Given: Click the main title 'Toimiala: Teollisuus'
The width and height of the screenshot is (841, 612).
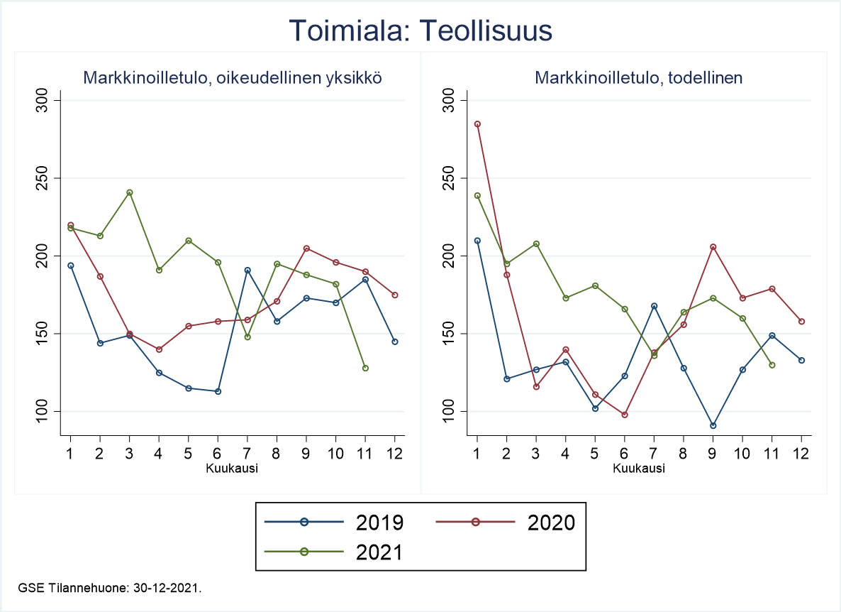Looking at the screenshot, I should (x=420, y=31).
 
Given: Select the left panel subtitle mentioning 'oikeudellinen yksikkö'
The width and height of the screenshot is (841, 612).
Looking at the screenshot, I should (x=233, y=78).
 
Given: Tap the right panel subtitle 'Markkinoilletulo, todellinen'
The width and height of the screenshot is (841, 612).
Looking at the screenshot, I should (x=639, y=78).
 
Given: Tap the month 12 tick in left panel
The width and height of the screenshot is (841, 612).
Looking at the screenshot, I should (x=395, y=453).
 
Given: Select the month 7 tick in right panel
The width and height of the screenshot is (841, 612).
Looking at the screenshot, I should (x=654, y=453).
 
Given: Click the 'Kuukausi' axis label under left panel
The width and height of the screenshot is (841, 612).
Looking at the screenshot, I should (x=232, y=469).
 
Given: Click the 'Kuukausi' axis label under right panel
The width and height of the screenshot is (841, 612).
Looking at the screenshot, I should (x=639, y=469).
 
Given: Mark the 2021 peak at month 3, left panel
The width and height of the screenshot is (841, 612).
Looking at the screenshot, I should (x=130, y=192).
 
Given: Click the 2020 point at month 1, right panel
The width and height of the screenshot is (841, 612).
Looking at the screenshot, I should (x=477, y=124).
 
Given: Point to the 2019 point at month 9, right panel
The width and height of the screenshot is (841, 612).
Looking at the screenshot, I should (x=713, y=425).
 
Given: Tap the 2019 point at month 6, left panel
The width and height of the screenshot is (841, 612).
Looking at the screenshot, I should (x=218, y=391).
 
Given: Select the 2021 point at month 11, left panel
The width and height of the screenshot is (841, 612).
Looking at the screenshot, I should (x=365, y=368).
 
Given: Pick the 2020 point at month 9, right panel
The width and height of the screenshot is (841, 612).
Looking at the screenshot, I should (x=713, y=247).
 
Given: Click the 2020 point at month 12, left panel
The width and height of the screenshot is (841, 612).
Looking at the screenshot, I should (x=395, y=295).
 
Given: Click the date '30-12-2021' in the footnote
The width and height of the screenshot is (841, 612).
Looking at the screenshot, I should (x=171, y=588).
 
